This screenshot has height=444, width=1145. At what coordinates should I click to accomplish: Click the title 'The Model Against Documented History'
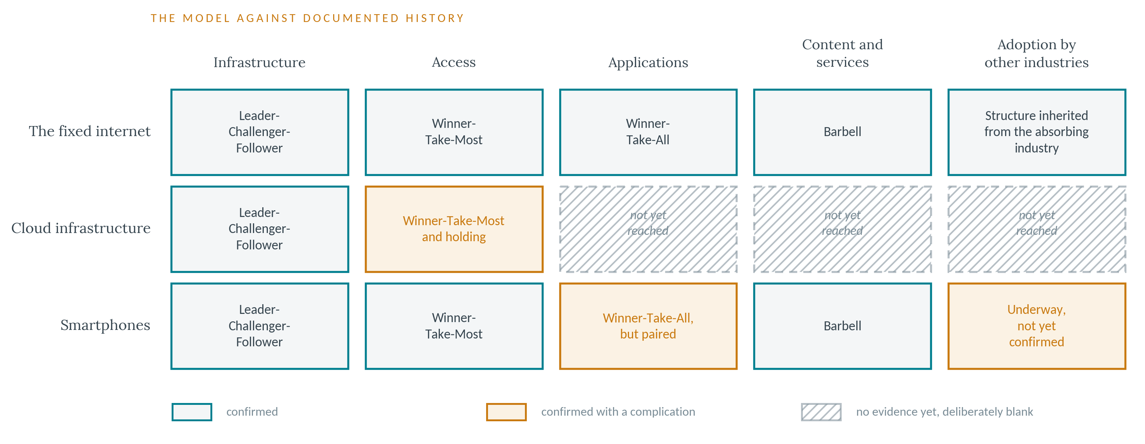pos(307,18)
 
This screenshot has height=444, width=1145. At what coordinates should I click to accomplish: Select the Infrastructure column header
pos(260,62)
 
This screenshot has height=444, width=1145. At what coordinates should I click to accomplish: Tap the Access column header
pos(454,62)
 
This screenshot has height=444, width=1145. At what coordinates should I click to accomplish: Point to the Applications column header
pos(648,63)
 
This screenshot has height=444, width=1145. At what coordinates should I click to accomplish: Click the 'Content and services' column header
pos(842,53)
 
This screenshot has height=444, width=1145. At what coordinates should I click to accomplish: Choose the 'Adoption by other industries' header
pos(1036,53)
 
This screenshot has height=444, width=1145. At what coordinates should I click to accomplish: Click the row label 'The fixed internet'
pos(90,132)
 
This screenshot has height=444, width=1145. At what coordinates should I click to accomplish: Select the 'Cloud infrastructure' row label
pos(81,228)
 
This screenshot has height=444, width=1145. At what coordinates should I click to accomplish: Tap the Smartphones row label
pos(105,325)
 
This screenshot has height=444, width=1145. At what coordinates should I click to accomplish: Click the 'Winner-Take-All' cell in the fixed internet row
pos(648,132)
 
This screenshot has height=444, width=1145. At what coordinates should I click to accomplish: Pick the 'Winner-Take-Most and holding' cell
pos(454,229)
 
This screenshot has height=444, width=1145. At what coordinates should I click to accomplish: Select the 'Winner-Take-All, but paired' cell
pos(648,326)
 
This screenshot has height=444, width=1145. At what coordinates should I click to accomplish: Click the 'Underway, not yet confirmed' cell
pos(1036,326)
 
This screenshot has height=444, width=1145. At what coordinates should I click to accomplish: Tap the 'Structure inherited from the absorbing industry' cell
pos(1036,132)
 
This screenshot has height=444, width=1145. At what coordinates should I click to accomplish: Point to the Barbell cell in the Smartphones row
pos(842,326)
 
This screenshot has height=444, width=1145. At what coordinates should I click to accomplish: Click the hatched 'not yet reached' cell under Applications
pos(648,229)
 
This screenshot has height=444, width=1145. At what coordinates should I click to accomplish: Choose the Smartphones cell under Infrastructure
pos(260,326)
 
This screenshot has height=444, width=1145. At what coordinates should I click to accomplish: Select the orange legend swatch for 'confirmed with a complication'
pos(506,412)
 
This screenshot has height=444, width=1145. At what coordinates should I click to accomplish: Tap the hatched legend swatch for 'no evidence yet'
pos(821,412)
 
